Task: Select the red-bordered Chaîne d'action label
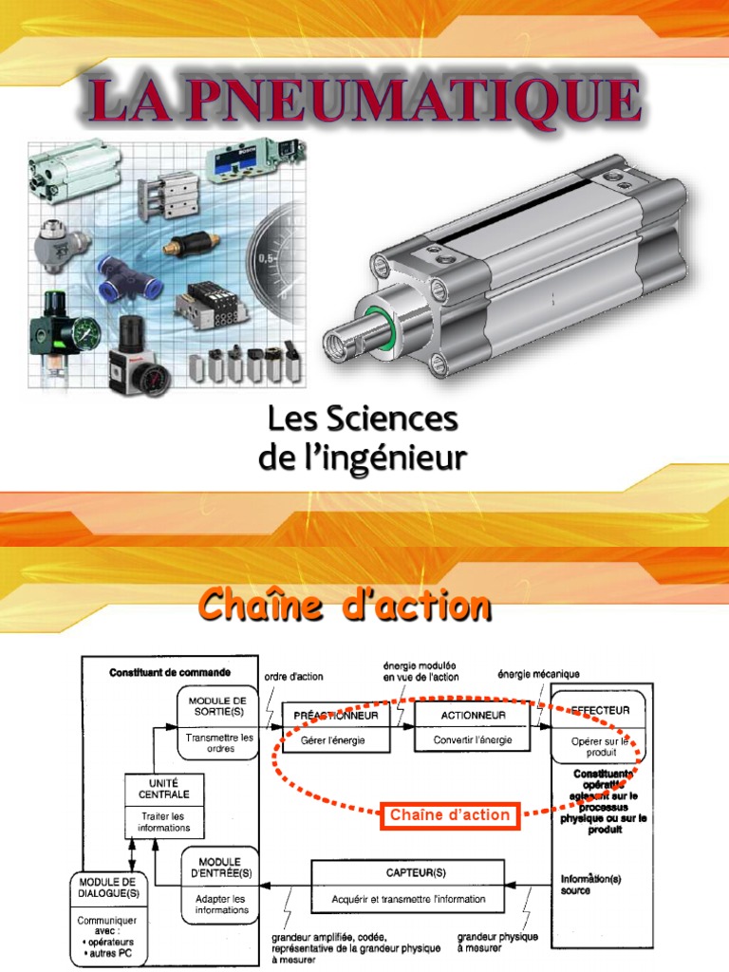450,814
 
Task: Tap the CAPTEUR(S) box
408,885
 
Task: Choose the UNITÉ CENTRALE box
158,803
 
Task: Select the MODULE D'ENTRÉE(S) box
221,883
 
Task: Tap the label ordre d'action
293,677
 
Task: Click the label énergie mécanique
539,675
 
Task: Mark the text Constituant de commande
170,673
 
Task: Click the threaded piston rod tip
339,339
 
